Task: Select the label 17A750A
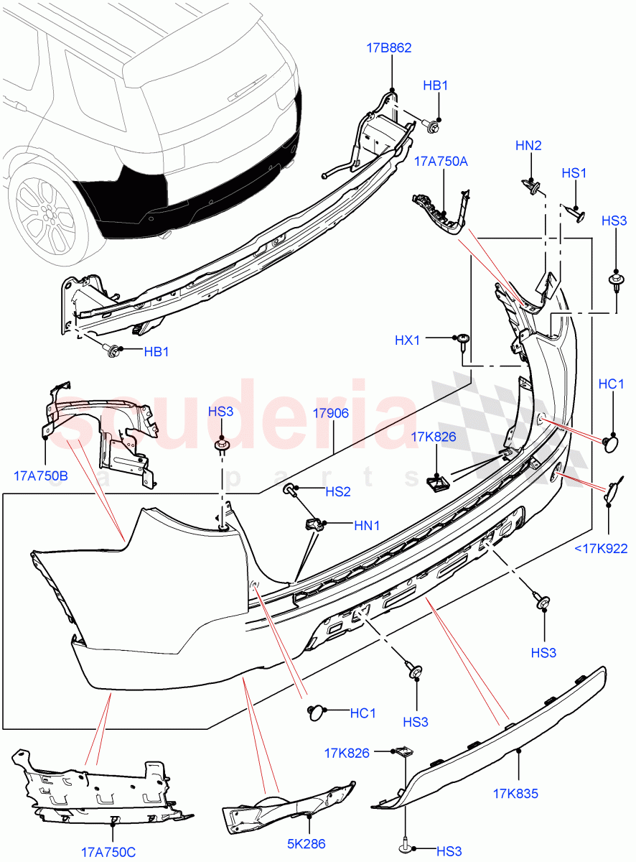pyautogui.click(x=441, y=162)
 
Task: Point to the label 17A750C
pyautogui.click(x=108, y=852)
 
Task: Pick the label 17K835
pyautogui.click(x=515, y=794)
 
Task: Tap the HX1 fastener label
pyautogui.click(x=407, y=340)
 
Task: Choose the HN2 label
pyautogui.click(x=528, y=145)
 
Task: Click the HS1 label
pyautogui.click(x=574, y=173)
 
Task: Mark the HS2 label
pyautogui.click(x=338, y=492)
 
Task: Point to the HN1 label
pyautogui.click(x=367, y=526)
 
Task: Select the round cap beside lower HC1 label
pyautogui.click(x=316, y=713)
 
